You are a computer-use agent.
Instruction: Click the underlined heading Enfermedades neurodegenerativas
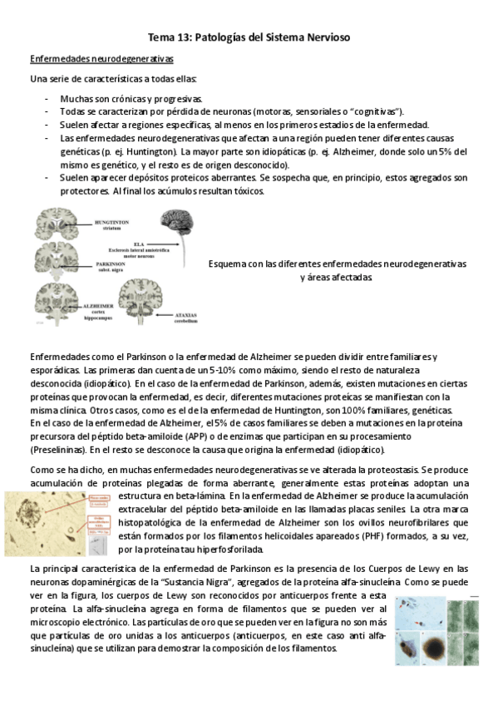(101, 60)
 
